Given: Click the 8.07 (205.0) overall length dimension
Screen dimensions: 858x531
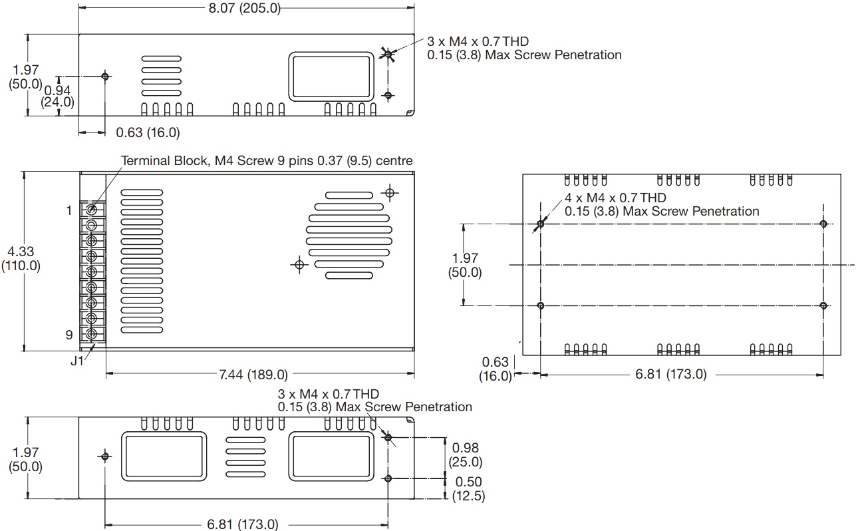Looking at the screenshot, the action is (x=244, y=8).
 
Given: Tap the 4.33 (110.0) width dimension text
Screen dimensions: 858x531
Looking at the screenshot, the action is (x=21, y=258).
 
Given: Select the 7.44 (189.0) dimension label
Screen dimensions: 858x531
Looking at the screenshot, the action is (x=253, y=375).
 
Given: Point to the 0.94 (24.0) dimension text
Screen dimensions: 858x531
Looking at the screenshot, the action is (x=57, y=96).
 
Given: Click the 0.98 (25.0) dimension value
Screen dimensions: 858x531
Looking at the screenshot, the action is (x=466, y=454).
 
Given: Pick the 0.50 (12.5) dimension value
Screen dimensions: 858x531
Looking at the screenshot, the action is (x=468, y=489).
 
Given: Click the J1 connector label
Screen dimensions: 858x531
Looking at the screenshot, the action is (x=76, y=361).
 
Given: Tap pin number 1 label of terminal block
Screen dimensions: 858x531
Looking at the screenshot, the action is (x=69, y=210).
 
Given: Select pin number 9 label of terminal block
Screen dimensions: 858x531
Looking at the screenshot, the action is (x=69, y=335).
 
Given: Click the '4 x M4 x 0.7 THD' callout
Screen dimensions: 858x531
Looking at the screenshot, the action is (x=615, y=198).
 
